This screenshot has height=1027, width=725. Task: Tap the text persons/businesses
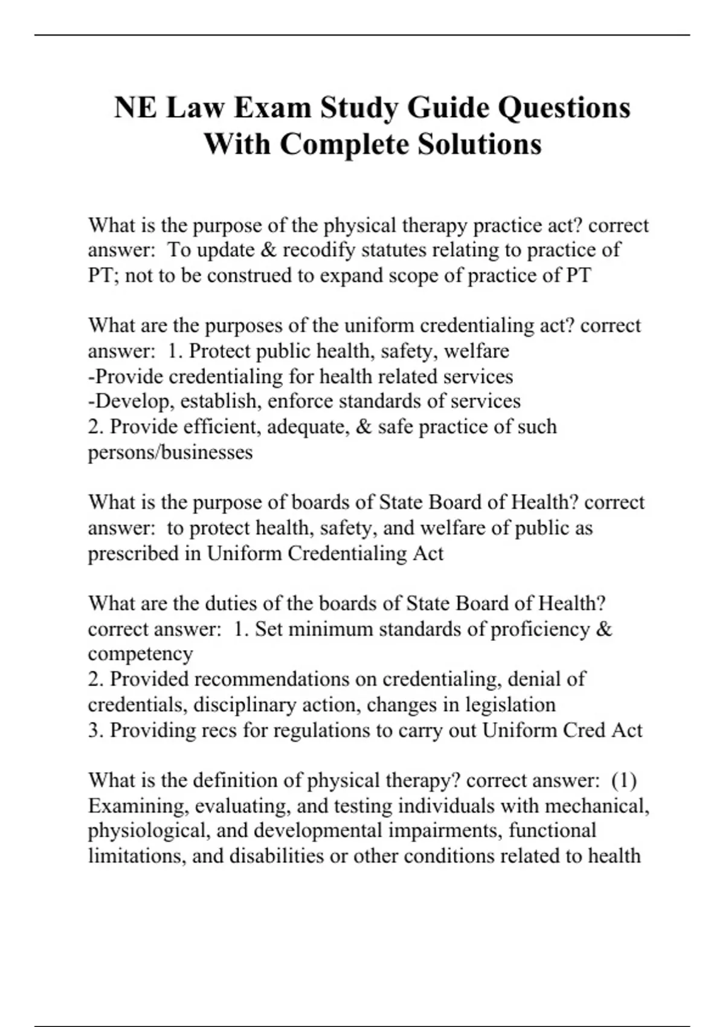pos(170,452)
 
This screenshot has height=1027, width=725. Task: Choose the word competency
pos(140,654)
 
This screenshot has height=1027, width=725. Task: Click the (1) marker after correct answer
pos(623,781)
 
